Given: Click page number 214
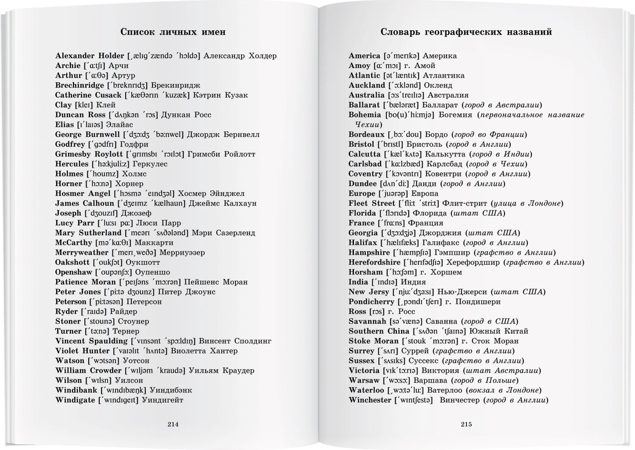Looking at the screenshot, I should tap(173, 424).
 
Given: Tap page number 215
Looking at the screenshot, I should tap(466, 424).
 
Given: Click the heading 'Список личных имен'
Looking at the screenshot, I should tap(173, 32).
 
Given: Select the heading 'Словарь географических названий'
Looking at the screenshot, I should tap(466, 32).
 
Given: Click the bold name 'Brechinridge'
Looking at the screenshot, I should tap(80, 85).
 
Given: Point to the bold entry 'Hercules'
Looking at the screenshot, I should tap(72, 164).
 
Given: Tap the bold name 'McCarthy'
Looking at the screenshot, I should tap(73, 243).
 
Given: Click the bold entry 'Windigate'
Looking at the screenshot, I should tap(75, 400).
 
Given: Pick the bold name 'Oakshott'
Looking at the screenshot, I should tap(73, 262).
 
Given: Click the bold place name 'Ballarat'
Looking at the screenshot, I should tap(364, 105).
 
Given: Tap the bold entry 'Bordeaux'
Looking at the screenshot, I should tap(366, 134).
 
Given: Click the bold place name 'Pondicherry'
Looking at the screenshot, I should tap(371, 302).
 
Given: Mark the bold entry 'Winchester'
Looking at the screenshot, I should tap(370, 400).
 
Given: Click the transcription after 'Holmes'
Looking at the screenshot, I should tap(102, 174).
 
